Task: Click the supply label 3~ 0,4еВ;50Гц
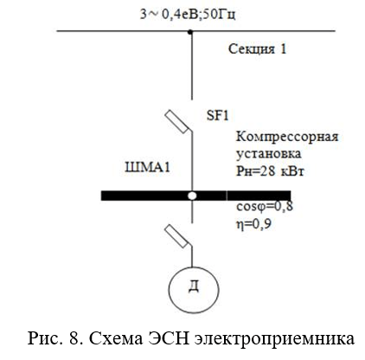tap(188, 15)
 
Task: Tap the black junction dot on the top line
tap(190, 32)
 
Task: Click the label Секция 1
tap(258, 48)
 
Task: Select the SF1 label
tap(218, 116)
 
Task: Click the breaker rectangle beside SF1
tap(176, 122)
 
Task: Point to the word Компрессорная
tap(287, 137)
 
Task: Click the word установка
tap(269, 154)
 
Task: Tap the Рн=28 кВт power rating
tap(270, 171)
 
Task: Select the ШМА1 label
tap(147, 167)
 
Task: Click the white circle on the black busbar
tap(192, 196)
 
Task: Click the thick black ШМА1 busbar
tap(195, 196)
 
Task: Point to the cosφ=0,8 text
tap(265, 207)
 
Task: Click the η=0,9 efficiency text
tap(253, 224)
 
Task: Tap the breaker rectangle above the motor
tap(176, 236)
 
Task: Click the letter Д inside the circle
tap(194, 286)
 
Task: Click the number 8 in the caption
tap(75, 337)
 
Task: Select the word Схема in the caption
tap(116, 338)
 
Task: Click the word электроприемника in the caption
tap(274, 339)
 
